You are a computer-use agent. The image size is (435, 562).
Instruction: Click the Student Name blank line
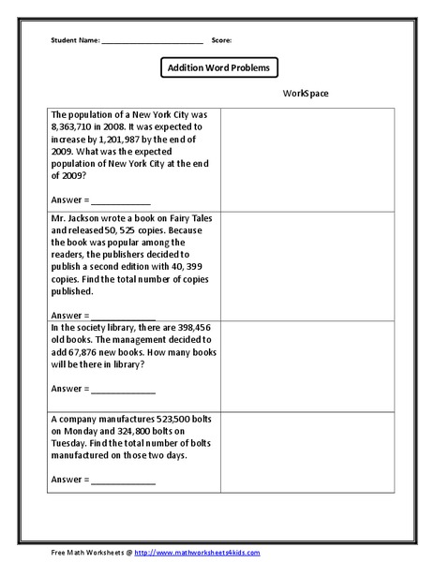[152, 41]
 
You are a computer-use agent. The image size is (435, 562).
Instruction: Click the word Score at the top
[221, 41]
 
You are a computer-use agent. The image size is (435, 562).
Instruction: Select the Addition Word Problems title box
[217, 68]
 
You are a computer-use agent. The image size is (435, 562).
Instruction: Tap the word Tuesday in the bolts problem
[71, 445]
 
